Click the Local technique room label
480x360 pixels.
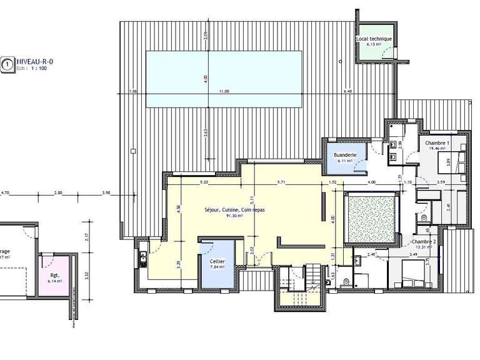374,39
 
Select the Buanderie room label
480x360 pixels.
344,154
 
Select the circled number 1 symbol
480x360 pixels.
7,64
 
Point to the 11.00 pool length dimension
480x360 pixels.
223,92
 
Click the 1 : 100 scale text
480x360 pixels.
39,68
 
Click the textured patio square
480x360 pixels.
371,218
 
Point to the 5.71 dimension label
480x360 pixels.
281,182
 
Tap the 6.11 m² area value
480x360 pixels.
344,161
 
